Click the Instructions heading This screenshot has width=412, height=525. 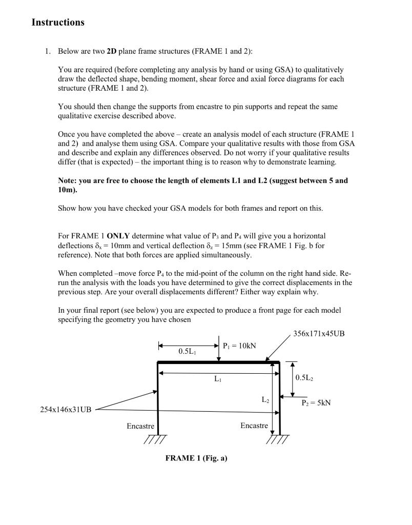pos(58,23)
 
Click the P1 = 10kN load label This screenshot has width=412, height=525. pos(240,346)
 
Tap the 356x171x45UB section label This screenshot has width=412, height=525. pos(319,334)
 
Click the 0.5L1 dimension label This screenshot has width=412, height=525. pos(188,352)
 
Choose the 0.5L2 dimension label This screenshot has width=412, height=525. pos(306,378)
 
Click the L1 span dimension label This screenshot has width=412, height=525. pos(218,379)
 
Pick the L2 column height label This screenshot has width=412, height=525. pos(265,399)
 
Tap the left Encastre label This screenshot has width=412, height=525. pos(140,426)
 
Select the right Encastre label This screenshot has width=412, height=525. pos(254,426)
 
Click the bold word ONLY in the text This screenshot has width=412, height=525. pos(118,236)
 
